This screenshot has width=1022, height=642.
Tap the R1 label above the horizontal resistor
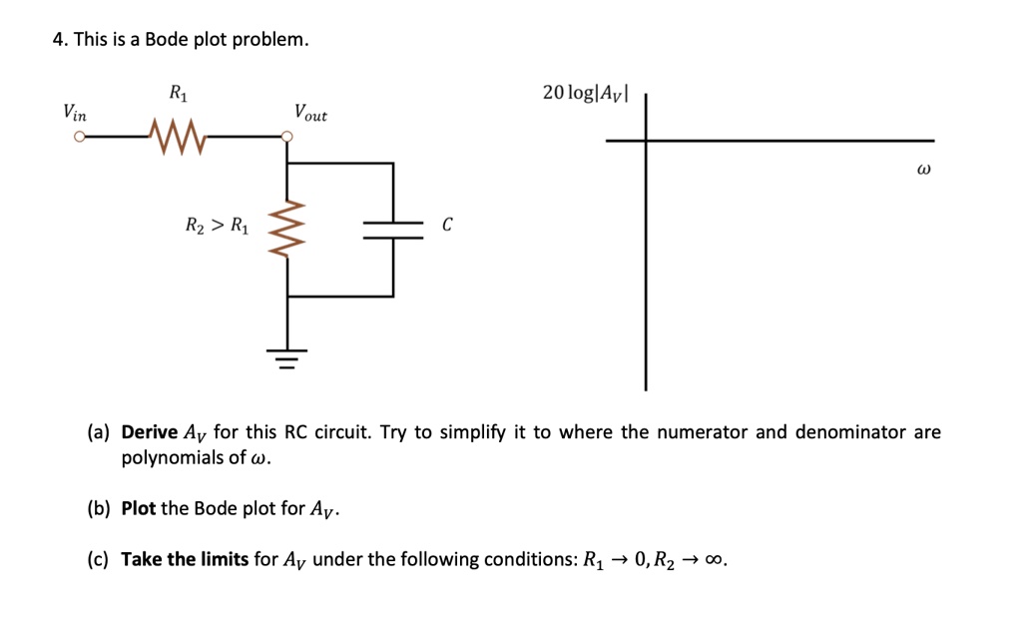177,95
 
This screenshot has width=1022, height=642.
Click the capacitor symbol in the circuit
392,228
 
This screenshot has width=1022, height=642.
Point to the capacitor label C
446,226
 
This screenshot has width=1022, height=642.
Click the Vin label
75,112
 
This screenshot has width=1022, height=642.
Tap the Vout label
309,112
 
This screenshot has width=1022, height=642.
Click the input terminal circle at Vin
77,139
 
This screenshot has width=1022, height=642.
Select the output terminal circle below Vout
287,139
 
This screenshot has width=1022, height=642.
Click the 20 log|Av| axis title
585,93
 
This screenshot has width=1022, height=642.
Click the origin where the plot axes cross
646,141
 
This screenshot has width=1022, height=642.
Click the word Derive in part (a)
150,432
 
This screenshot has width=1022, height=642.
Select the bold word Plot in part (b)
139,508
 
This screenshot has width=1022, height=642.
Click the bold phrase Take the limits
185,559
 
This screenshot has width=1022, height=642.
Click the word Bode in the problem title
166,40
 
